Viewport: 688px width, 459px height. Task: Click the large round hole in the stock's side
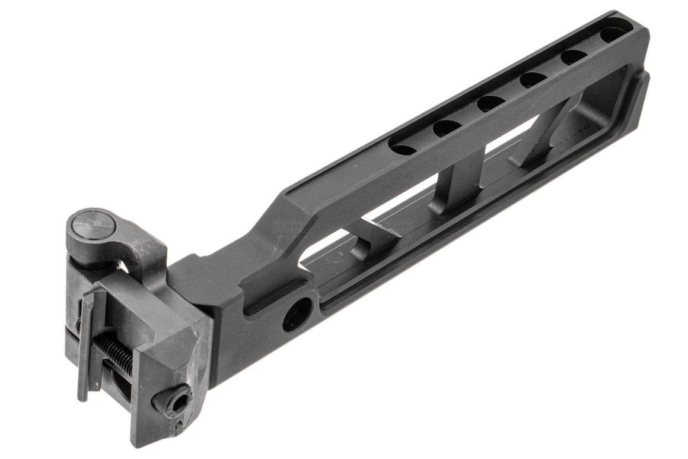point(297,313)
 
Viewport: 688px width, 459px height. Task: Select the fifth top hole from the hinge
point(574,56)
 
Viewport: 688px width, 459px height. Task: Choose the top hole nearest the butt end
point(613,34)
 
